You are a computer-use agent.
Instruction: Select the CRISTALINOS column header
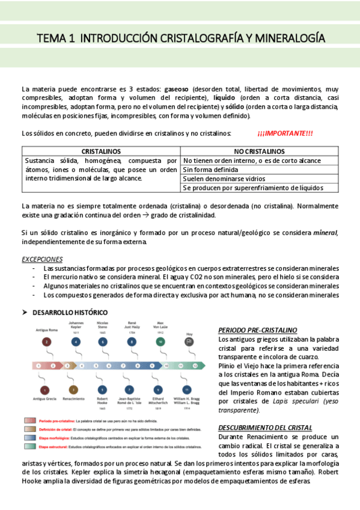101,152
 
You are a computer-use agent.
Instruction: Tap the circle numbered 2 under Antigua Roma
46,342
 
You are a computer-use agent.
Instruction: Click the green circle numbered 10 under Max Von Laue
160,342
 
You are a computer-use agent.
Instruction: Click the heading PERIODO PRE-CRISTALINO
257,331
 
